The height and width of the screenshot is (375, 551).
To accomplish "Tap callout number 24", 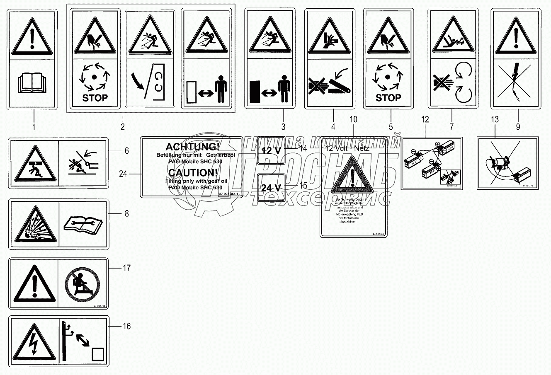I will click(123, 174).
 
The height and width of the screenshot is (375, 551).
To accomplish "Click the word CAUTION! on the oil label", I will click(189, 172).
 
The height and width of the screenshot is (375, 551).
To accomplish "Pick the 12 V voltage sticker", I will click(271, 150).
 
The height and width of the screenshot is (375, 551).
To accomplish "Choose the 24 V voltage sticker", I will click(271, 187).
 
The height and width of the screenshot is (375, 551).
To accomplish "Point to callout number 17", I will click(126, 269).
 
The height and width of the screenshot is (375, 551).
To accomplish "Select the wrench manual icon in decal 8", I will click(84, 224).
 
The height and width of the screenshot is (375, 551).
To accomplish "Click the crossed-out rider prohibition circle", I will click(84, 283).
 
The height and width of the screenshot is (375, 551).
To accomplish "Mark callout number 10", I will click(353, 120).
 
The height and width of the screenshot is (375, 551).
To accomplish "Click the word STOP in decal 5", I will click(388, 98).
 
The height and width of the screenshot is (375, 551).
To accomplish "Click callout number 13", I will click(495, 120).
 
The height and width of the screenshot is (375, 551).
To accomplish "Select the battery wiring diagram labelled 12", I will click(431, 163).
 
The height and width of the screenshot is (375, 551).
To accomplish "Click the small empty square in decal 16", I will click(98, 354).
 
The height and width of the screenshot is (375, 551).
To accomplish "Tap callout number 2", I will click(123, 126).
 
